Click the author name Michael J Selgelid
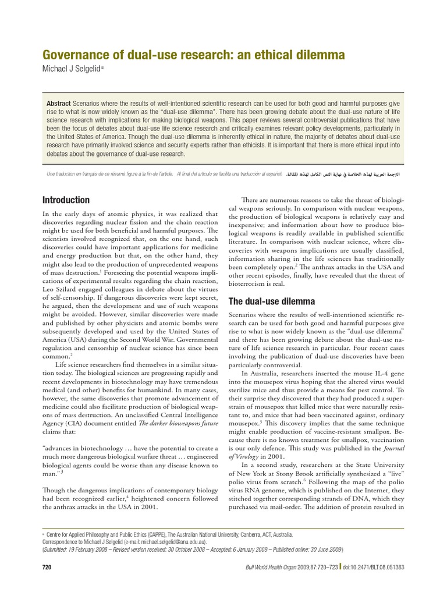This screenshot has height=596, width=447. pos(72,69)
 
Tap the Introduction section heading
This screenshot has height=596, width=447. pos(66,200)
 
